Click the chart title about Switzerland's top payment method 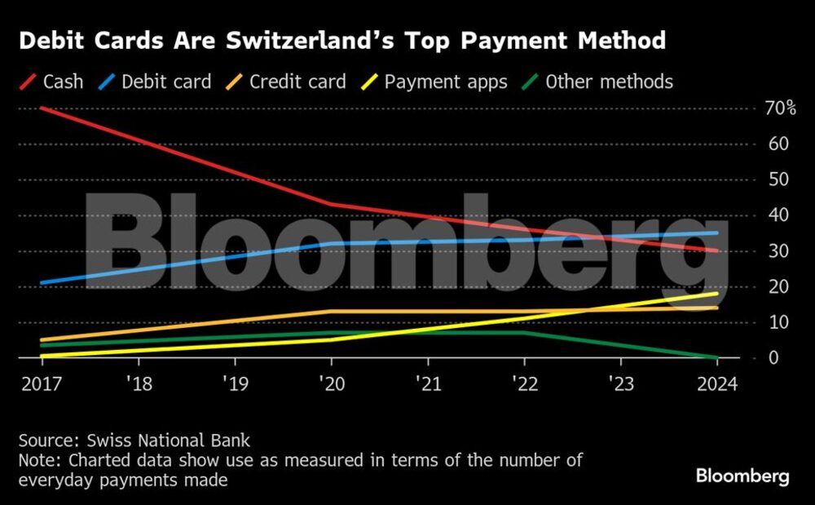tap(342, 41)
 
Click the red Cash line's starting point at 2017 tap(41, 108)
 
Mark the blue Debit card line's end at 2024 tap(717, 233)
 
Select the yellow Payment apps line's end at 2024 tap(717, 294)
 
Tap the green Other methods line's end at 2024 tap(717, 357)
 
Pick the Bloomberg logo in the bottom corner tap(742, 476)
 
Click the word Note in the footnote tap(37, 460)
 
